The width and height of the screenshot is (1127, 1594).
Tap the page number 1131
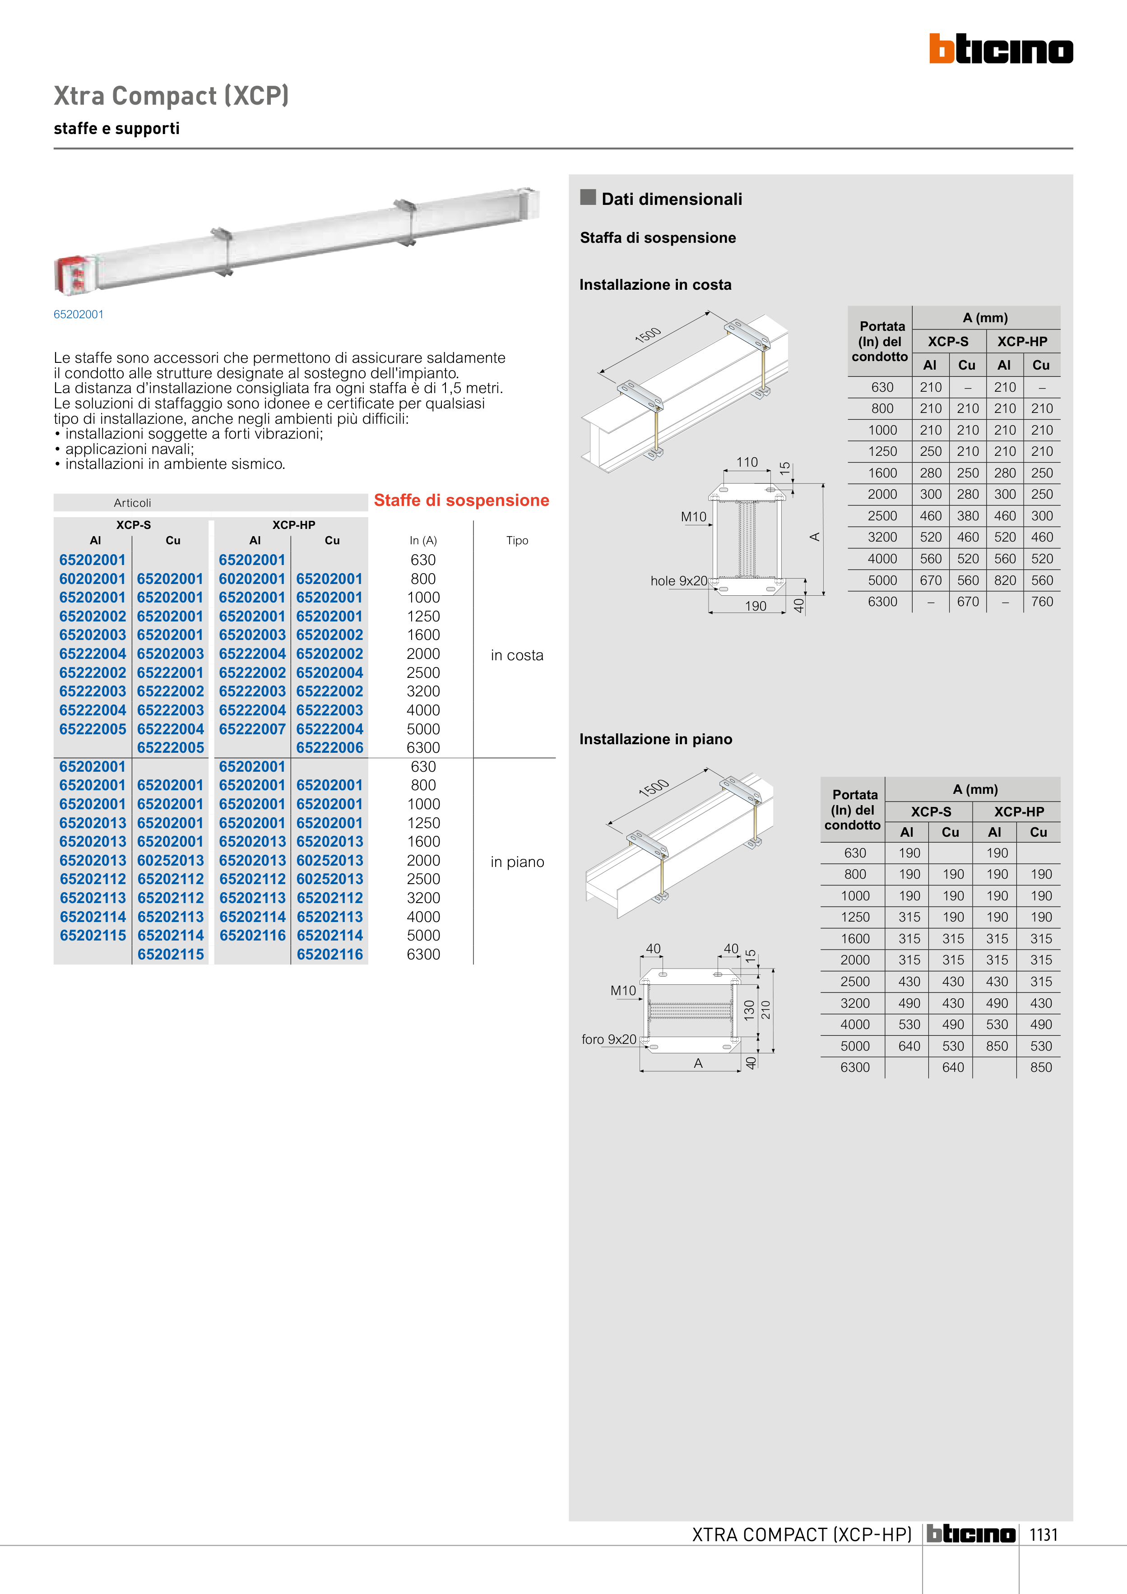click(x=1043, y=1535)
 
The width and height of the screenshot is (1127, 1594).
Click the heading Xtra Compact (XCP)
click(x=171, y=96)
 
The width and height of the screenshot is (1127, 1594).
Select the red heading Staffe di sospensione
click(x=461, y=500)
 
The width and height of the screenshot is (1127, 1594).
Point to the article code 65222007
click(x=252, y=729)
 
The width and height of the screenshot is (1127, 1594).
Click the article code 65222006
click(x=330, y=748)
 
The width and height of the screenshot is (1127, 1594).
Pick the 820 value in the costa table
click(x=1005, y=580)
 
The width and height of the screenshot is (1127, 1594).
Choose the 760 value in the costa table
click(x=1042, y=602)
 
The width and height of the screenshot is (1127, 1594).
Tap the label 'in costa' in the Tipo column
click(x=517, y=655)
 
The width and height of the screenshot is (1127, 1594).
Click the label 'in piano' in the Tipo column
click(x=517, y=862)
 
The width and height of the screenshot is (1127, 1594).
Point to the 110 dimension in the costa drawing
click(x=747, y=463)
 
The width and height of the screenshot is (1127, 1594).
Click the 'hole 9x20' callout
click(x=678, y=581)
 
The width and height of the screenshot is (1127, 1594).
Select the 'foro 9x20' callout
click(x=609, y=1039)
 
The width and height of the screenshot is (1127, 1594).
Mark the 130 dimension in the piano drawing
click(x=749, y=1010)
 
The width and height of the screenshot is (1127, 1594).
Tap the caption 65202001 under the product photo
click(x=79, y=315)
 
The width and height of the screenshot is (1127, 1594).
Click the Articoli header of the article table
click(x=133, y=503)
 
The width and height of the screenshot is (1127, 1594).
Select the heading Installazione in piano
click(x=655, y=739)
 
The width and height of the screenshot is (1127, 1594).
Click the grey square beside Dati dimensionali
click(x=588, y=197)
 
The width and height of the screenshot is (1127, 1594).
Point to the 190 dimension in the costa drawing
click(x=756, y=606)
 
